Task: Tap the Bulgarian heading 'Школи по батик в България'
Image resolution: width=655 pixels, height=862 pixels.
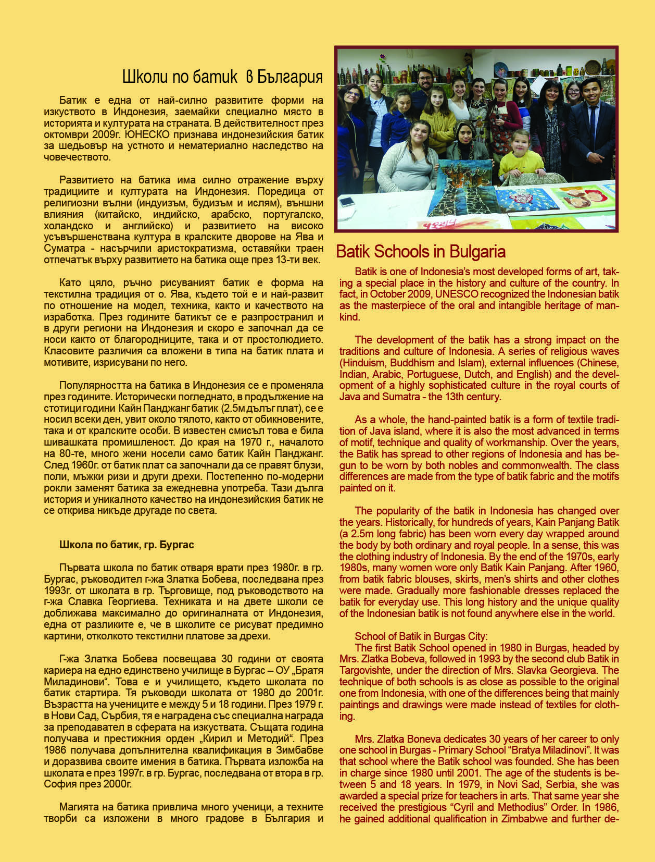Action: point(222,77)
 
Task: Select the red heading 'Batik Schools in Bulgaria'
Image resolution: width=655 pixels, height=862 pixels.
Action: point(421,252)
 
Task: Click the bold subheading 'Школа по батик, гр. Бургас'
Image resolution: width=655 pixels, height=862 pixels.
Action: point(127,545)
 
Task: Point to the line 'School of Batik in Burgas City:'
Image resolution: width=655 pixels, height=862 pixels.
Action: point(421,636)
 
